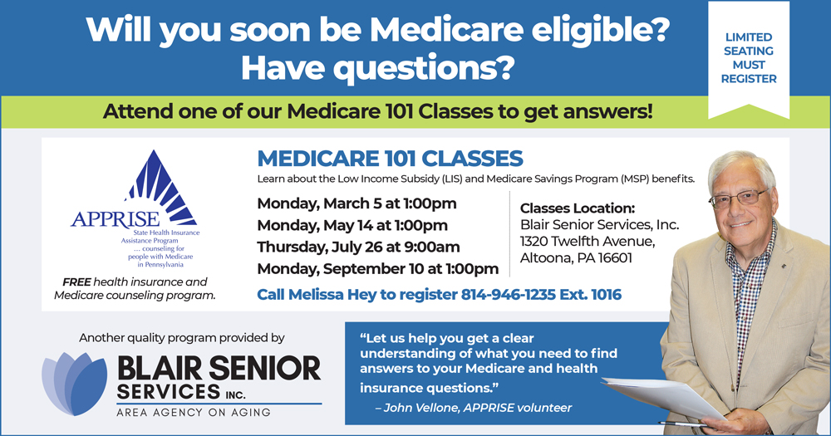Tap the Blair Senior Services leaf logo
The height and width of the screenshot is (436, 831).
75,383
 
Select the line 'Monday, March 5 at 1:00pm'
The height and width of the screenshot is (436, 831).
356,203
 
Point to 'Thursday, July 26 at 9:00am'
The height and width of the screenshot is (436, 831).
358,247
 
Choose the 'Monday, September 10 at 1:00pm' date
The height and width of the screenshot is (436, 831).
378,268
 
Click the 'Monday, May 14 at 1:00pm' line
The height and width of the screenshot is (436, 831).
352,225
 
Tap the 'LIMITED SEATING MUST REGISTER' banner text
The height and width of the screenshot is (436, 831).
749,58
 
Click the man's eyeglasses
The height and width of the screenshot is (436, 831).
740,198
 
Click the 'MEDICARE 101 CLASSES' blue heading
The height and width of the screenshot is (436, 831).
390,159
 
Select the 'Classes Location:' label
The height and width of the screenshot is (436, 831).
578,208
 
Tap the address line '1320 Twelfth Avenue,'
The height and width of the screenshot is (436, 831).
588,242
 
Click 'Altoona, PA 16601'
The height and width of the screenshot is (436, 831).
576,258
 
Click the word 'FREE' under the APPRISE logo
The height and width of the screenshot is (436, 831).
76,282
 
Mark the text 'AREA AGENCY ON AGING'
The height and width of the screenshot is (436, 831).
194,412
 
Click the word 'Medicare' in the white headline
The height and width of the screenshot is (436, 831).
446,30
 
